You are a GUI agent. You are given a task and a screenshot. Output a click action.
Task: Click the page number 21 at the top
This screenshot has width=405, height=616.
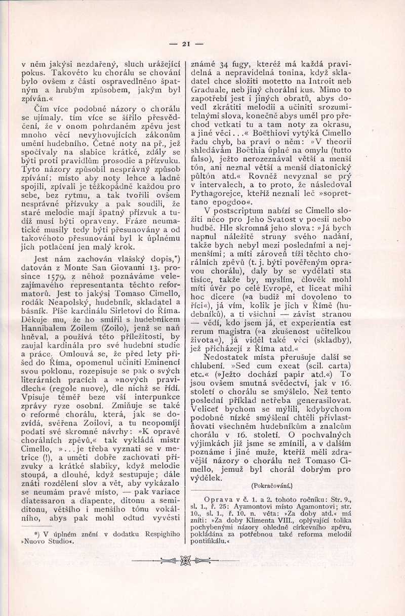(x=185, y=44)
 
